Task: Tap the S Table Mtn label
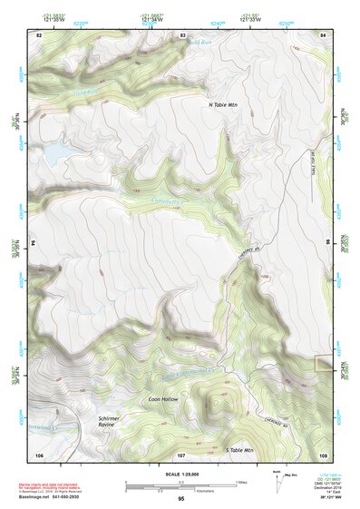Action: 240,450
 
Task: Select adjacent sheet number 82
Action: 38,34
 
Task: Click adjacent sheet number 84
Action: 324,34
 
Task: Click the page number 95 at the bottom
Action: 180,499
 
